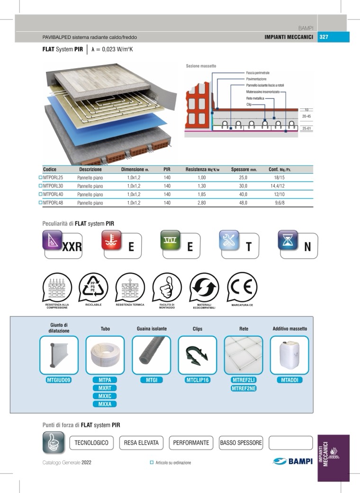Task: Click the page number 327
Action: point(324,37)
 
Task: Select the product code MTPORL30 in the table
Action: point(53,186)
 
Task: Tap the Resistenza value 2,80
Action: point(201,203)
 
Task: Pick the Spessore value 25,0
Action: point(243,177)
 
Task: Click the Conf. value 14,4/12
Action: point(278,186)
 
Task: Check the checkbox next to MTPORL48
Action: point(40,203)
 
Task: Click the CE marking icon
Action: point(242,287)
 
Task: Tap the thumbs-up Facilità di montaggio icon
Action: point(167,287)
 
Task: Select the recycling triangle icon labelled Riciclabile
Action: point(93,287)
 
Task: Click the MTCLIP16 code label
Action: point(198,380)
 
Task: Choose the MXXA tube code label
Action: point(105,404)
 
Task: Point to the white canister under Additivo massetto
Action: point(289,355)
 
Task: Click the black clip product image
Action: point(197,355)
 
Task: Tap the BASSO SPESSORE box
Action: point(241,443)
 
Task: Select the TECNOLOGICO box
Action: point(91,443)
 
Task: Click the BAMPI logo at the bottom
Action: point(293,461)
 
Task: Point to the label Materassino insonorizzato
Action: point(262,92)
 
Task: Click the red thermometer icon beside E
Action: point(111,240)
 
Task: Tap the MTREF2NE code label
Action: point(243,388)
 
